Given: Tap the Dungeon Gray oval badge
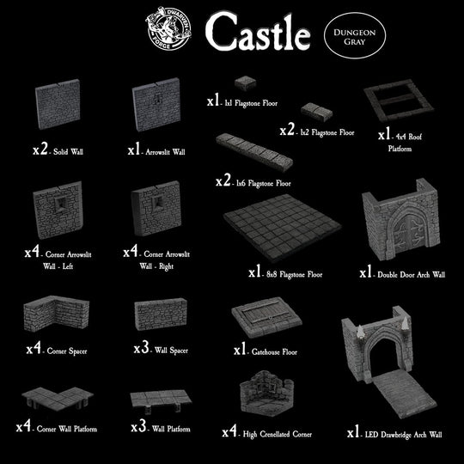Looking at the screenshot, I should coord(354,34).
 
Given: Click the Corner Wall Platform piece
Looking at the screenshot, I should coord(55,399).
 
